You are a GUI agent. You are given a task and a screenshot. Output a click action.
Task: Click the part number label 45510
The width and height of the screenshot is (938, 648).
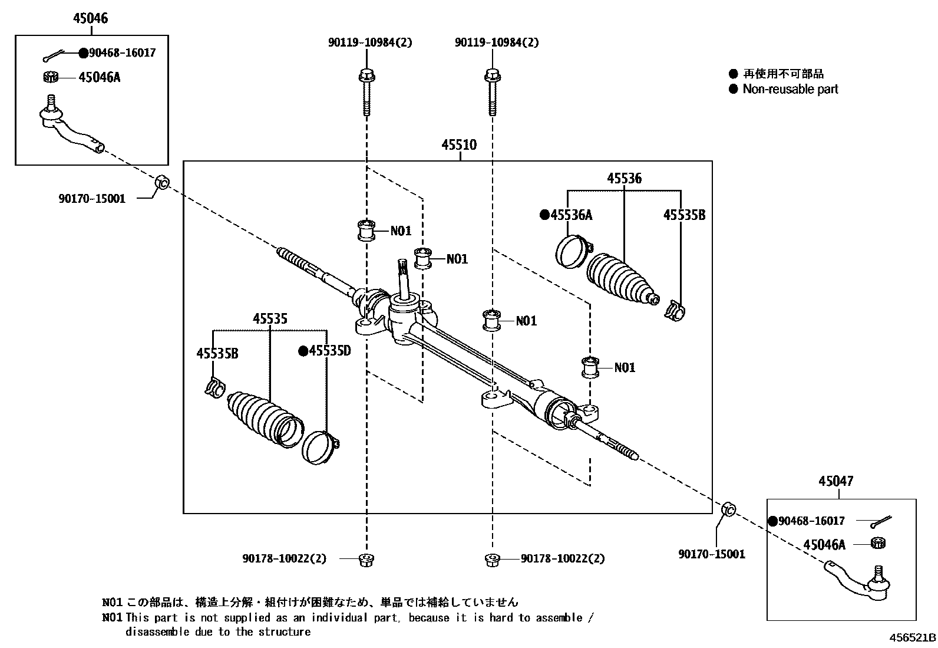[459, 145]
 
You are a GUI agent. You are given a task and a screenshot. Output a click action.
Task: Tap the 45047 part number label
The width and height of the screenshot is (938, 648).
[835, 482]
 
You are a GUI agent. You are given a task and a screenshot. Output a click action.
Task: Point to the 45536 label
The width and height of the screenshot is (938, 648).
[624, 178]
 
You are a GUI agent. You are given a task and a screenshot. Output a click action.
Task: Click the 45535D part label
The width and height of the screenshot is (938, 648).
[329, 351]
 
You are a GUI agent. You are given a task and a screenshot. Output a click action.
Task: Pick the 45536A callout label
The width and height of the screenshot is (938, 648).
[571, 215]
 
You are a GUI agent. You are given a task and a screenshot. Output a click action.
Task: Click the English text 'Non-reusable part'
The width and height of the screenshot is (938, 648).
[790, 90]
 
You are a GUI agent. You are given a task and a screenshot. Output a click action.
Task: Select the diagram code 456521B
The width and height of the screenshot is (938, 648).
[913, 637]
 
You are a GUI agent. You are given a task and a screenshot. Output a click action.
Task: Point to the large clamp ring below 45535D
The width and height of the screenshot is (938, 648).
[319, 447]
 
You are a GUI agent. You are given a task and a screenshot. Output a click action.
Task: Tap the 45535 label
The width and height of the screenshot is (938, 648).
[270, 319]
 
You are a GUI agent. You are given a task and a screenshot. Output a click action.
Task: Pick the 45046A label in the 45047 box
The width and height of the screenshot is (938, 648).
[824, 545]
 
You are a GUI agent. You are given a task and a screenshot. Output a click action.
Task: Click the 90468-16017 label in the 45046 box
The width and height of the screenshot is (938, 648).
[122, 53]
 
